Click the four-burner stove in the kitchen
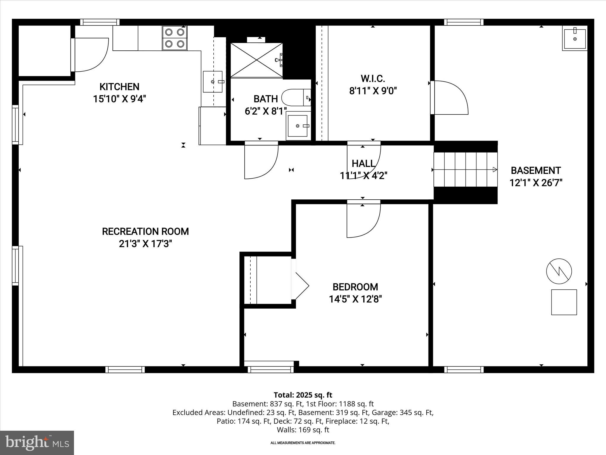(175, 38)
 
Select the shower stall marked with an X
(256, 60)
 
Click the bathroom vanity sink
(298, 126)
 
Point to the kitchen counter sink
(212, 81)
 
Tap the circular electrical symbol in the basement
(559, 271)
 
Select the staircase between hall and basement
(465, 170)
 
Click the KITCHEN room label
(119, 87)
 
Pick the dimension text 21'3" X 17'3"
(145, 244)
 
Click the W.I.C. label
(373, 79)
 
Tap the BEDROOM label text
(355, 287)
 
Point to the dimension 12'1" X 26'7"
(536, 183)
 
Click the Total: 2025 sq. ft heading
(303, 395)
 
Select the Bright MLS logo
(37, 443)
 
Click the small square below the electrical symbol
(564, 302)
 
